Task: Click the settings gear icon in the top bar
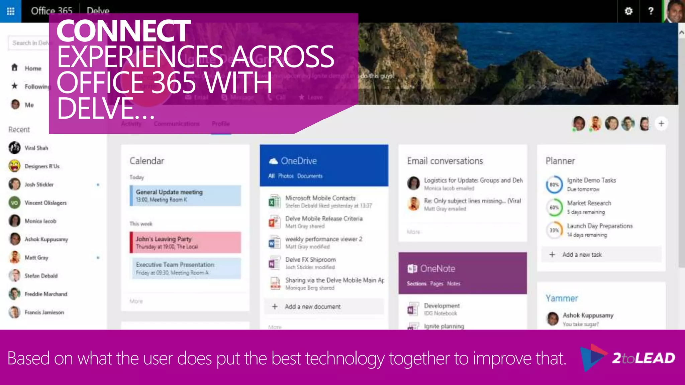pyautogui.click(x=628, y=11)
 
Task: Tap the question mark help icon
pyautogui.click(x=651, y=11)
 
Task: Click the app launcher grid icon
pyautogui.click(x=11, y=11)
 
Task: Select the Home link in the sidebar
pyautogui.click(x=33, y=68)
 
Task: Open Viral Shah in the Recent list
pyautogui.click(x=36, y=148)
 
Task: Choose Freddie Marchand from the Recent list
pyautogui.click(x=45, y=294)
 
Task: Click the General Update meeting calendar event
pyautogui.click(x=185, y=196)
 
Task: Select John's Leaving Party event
pyautogui.click(x=185, y=242)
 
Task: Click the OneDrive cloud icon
pyautogui.click(x=273, y=161)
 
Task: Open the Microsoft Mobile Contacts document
pyautogui.click(x=320, y=198)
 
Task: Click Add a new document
pyautogui.click(x=312, y=306)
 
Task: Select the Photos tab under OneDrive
pyautogui.click(x=286, y=176)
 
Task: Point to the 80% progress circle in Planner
pyautogui.click(x=554, y=184)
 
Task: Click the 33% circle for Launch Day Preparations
pyautogui.click(x=554, y=230)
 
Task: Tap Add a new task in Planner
pyautogui.click(x=582, y=255)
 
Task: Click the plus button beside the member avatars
pyautogui.click(x=661, y=124)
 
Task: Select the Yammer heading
pyautogui.click(x=562, y=298)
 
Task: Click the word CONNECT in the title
pyautogui.click(x=123, y=31)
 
